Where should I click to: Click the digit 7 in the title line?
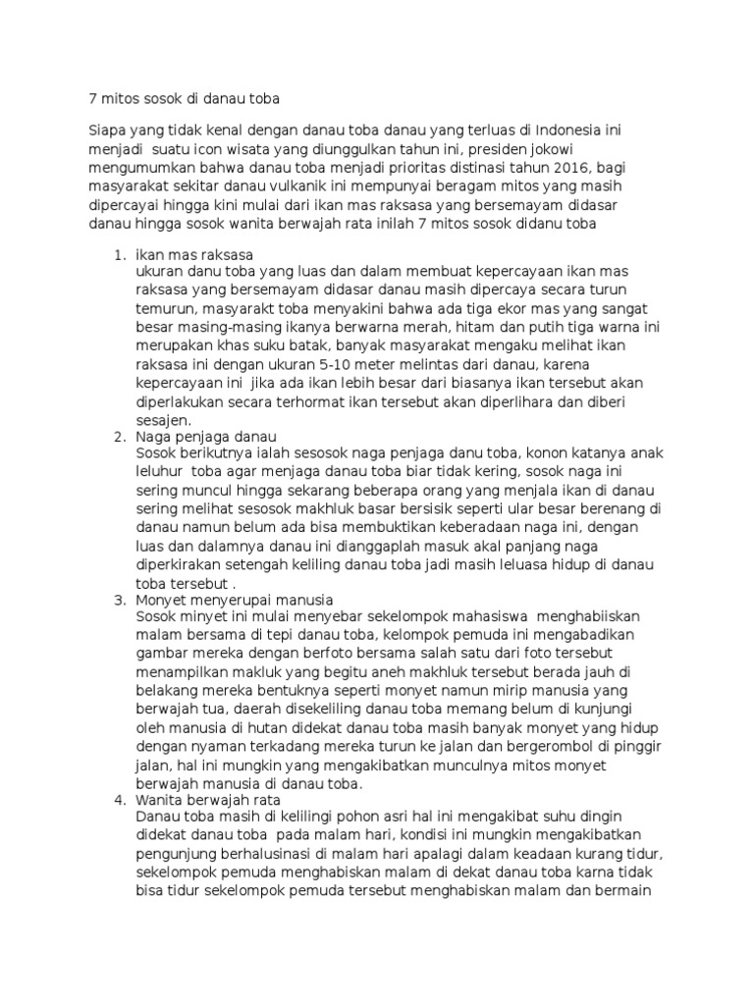pos(94,98)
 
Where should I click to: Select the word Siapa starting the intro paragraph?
pos(109,131)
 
